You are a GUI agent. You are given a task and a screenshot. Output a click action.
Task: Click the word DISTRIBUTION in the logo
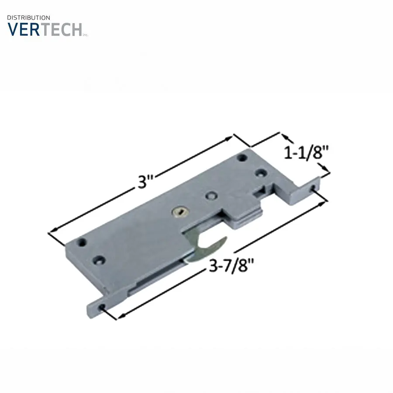coord(28,17)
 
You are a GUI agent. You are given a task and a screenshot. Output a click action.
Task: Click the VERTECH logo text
coord(45,30)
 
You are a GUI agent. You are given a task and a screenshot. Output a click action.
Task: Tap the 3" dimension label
coord(145,182)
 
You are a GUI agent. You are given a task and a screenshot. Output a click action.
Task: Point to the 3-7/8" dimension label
coord(231,265)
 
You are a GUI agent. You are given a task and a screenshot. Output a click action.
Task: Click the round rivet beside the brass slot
coord(211,196)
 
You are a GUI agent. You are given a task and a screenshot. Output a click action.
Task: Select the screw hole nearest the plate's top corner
coord(242,158)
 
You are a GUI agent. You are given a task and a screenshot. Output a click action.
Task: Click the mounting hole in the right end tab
coord(313,187)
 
